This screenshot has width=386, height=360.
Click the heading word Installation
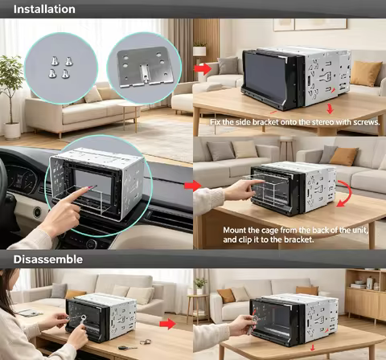44,9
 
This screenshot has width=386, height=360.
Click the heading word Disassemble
48,260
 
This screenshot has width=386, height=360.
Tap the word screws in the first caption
367,122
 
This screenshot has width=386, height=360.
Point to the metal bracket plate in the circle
145,67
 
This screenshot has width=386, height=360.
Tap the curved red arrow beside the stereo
345,194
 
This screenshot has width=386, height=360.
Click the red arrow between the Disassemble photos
168,324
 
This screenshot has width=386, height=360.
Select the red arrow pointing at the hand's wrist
192,186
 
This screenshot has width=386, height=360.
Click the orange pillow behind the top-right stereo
366,73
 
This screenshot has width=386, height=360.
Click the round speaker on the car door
37,212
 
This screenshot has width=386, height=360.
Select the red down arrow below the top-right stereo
330,108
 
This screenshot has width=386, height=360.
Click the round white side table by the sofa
131,116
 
